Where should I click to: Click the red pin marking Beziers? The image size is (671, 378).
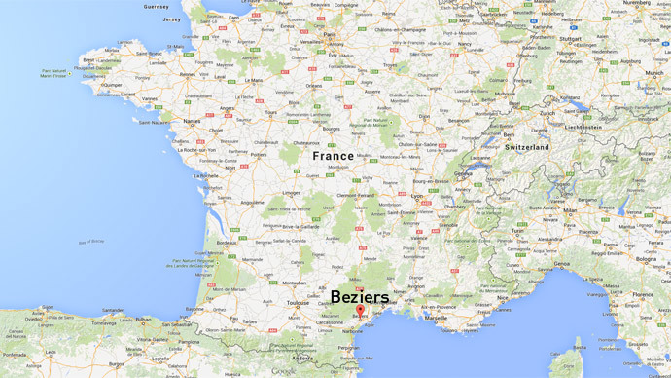[x=360, y=311]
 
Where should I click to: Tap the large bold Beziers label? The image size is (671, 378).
[x=360, y=296]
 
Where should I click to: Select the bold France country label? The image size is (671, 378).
[x=333, y=156]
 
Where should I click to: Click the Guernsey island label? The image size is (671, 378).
[x=156, y=6]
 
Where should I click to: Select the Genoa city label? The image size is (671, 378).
[x=563, y=264]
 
